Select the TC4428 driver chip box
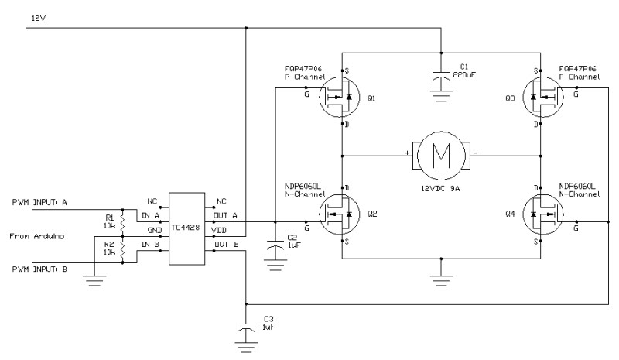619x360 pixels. [186, 228]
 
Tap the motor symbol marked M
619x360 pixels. [441, 156]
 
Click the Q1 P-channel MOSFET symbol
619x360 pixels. [340, 97]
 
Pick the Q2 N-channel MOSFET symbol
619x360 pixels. [340, 214]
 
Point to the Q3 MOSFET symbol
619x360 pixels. [543, 97]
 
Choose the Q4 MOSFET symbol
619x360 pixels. [543, 214]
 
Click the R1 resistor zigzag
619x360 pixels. [122, 223]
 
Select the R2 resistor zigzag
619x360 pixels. [122, 250]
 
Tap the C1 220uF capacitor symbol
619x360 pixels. [441, 77]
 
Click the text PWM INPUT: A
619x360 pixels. [39, 202]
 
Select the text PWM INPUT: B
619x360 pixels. [39, 269]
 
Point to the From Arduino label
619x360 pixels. [36, 236]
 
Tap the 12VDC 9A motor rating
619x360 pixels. [440, 188]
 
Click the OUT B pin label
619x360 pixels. [226, 245]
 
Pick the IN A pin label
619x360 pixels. [150, 215]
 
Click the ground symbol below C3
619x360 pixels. [246, 347]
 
